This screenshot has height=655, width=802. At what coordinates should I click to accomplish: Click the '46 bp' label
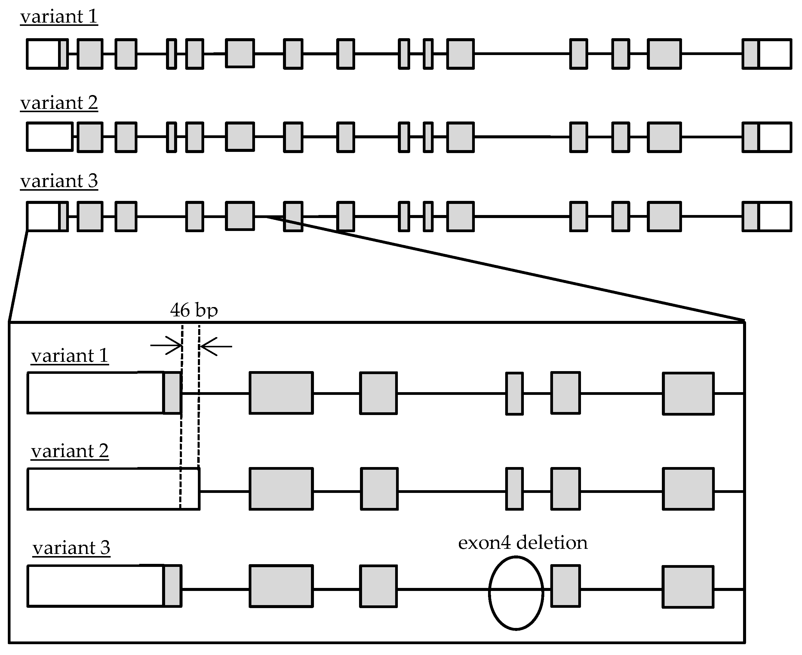(x=194, y=310)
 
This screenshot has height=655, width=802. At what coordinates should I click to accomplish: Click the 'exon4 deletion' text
(x=522, y=543)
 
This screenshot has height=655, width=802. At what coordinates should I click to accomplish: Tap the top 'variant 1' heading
(x=59, y=17)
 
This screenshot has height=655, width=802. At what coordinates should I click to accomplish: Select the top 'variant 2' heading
(x=59, y=103)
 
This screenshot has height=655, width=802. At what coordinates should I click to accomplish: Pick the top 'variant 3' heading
(x=59, y=181)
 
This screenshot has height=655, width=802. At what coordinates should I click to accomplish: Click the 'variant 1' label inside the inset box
(x=69, y=356)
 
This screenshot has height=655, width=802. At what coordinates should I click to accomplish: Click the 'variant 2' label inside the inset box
(x=69, y=451)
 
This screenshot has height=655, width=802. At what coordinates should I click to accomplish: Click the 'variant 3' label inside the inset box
(x=71, y=548)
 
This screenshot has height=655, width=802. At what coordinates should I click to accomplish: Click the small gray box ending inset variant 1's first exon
(x=172, y=393)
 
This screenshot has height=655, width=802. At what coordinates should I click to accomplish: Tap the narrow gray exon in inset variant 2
(x=514, y=489)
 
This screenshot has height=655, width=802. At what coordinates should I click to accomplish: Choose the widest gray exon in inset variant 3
(x=281, y=586)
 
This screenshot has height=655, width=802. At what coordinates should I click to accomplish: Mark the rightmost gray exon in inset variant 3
(x=688, y=587)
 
